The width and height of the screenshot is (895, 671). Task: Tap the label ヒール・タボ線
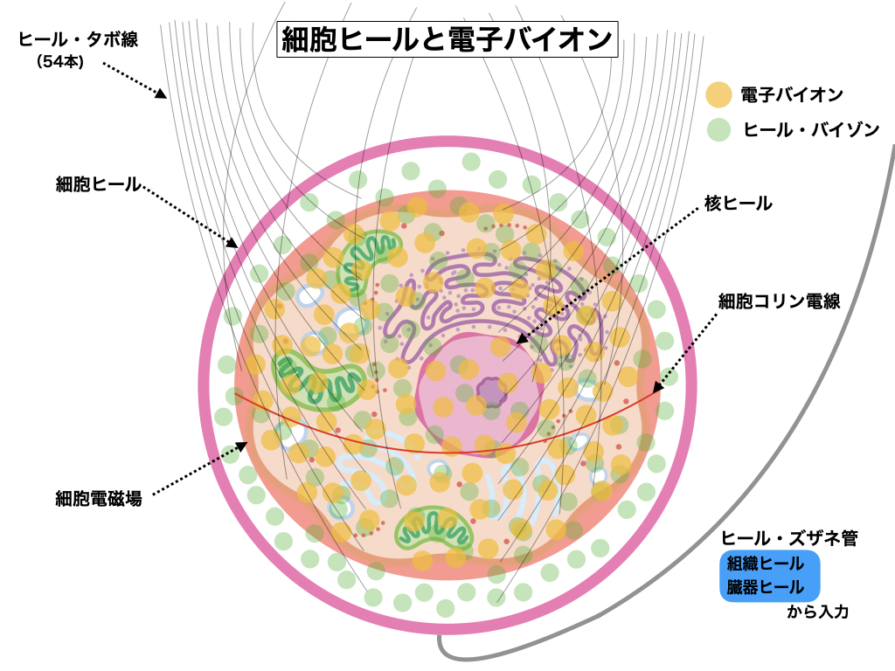79,39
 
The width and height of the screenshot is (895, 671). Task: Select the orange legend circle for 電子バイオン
718,93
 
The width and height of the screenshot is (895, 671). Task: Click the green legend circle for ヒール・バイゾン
718,129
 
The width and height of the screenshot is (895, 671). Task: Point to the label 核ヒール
739,204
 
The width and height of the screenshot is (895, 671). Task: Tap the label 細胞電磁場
98,500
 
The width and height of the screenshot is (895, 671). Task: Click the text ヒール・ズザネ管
788,538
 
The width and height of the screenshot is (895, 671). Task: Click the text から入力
817,612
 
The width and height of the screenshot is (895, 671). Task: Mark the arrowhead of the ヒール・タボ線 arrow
163,95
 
